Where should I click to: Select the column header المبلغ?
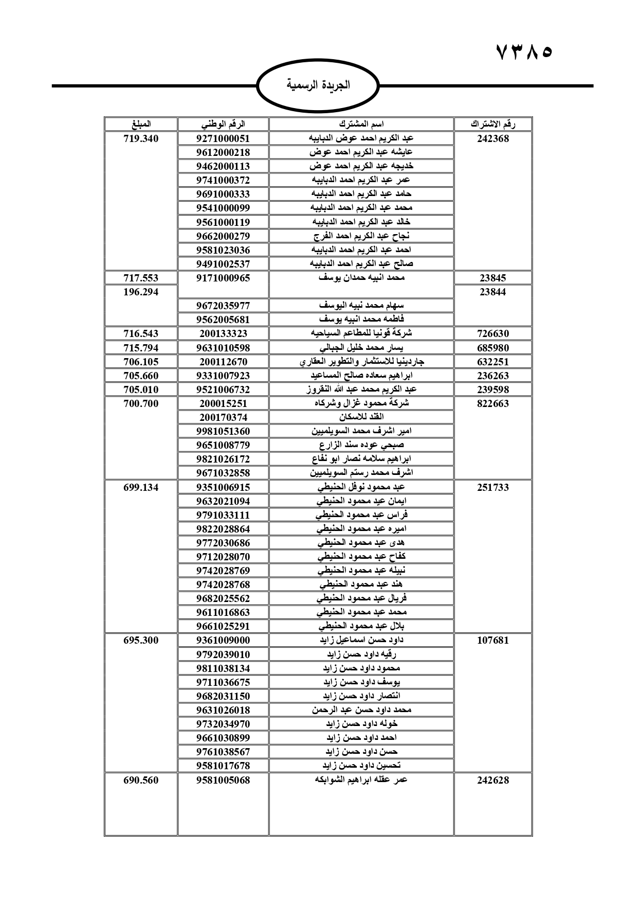click(x=141, y=124)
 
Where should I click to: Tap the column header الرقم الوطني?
click(x=223, y=124)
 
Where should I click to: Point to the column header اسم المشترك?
click(x=361, y=124)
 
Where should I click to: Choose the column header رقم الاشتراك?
click(x=493, y=124)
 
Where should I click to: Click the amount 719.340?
click(x=141, y=138)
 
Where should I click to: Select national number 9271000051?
click(x=223, y=138)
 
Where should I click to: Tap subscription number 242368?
click(x=493, y=138)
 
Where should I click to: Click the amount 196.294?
click(x=141, y=292)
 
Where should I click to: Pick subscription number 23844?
click(x=493, y=292)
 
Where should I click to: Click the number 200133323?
click(x=223, y=333)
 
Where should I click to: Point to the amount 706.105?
click(x=141, y=362)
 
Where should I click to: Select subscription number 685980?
click(x=493, y=348)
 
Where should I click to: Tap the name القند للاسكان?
click(x=361, y=417)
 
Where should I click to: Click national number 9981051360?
click(x=223, y=431)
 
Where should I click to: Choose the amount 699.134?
click(x=141, y=487)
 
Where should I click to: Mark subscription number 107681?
click(x=493, y=641)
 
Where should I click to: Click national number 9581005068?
click(x=223, y=780)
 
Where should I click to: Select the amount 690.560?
click(x=141, y=780)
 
